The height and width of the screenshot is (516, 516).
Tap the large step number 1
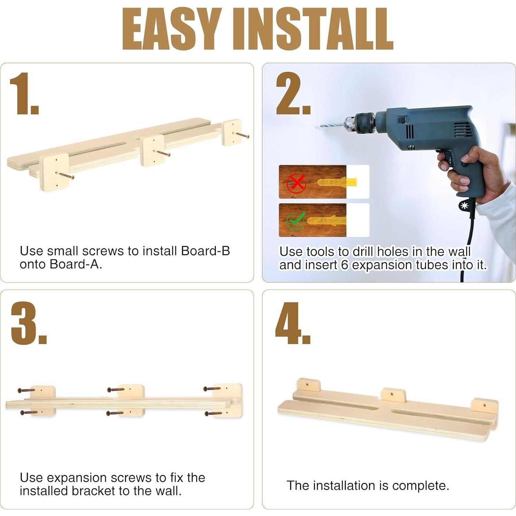23,94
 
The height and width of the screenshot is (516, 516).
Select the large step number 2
293,94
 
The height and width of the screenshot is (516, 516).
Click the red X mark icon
296,183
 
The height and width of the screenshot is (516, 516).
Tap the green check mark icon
296,221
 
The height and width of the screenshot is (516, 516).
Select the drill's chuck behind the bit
361,123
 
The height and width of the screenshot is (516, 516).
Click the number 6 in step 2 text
344,265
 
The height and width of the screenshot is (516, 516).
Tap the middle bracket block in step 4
393,395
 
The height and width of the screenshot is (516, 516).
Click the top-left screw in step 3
26,390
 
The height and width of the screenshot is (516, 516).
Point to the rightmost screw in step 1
242,135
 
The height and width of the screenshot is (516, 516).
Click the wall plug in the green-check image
326,221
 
